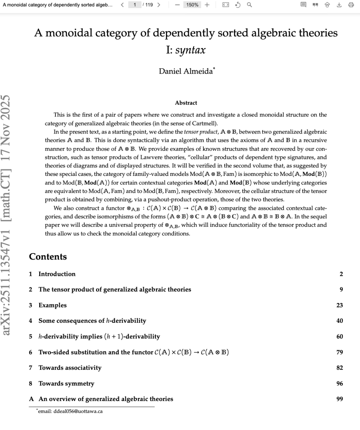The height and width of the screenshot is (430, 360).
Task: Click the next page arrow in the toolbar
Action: (159, 5)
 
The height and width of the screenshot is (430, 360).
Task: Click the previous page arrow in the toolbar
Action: (122, 5)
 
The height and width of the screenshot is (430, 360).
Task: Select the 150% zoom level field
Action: (192, 5)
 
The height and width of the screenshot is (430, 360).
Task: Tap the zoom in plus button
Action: (207, 5)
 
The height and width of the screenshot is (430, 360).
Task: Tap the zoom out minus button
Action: (177, 5)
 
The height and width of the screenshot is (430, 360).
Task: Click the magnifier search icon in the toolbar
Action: (249, 5)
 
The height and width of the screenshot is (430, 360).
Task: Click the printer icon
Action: (351, 5)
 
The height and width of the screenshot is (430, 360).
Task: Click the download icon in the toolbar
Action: (339, 5)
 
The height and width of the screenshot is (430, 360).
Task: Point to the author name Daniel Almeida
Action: (186, 71)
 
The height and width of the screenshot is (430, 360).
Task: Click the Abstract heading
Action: (186, 103)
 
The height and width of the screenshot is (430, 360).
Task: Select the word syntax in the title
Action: (190, 50)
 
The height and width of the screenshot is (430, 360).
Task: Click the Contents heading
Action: (48, 256)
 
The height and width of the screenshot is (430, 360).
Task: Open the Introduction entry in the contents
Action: (57, 274)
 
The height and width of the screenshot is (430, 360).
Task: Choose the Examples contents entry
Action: (52, 305)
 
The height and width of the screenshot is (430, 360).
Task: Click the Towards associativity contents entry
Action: (70, 367)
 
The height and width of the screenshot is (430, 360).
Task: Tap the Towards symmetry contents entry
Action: (66, 383)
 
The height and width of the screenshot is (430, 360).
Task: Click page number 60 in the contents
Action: (340, 336)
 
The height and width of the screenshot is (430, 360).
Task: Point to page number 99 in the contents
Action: (340, 399)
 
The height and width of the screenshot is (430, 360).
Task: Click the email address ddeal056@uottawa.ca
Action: (78, 411)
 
